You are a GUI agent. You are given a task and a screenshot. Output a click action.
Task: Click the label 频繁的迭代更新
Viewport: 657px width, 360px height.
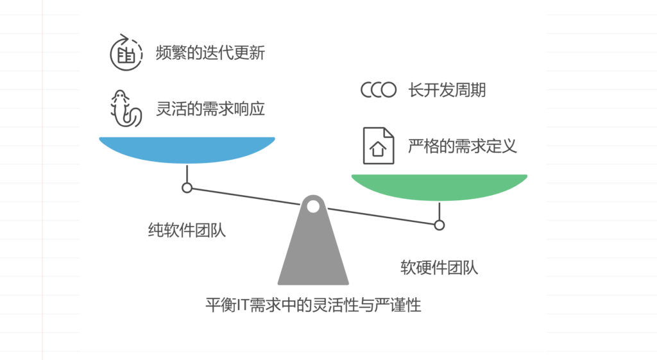tap(210, 53)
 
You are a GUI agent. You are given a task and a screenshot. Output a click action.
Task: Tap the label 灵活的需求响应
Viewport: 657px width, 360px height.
tap(210, 108)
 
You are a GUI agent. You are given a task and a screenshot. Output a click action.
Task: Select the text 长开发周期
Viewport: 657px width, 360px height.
tap(447, 90)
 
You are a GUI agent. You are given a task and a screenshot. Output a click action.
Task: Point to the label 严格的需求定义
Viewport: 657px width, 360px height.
tap(462, 146)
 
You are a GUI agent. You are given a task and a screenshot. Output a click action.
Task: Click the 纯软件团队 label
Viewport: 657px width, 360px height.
tap(187, 230)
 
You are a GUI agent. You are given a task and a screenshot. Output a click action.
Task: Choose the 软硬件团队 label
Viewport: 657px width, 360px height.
tap(439, 266)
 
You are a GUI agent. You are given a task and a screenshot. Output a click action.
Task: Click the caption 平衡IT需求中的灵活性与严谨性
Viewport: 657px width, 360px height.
tap(313, 305)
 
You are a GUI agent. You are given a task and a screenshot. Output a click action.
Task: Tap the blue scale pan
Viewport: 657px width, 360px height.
tap(187, 150)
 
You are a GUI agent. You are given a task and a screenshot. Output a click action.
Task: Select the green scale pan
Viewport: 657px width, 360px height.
tap(439, 187)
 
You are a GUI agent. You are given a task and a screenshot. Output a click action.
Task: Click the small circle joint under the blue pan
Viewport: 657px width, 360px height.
tap(187, 187)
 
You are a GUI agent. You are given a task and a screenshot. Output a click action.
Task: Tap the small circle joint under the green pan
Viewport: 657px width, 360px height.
tap(439, 225)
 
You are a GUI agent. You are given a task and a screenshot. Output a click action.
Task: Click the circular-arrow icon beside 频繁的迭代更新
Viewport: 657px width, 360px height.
tap(125, 53)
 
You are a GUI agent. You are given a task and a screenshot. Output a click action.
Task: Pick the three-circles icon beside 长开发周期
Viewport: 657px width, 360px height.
tap(379, 90)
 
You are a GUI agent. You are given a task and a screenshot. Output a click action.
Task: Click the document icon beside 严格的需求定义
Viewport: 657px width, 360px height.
tap(378, 146)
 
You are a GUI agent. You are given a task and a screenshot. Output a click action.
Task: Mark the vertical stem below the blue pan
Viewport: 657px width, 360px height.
tap(187, 173)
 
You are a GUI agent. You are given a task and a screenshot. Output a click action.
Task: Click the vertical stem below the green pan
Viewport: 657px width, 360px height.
tap(439, 210)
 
